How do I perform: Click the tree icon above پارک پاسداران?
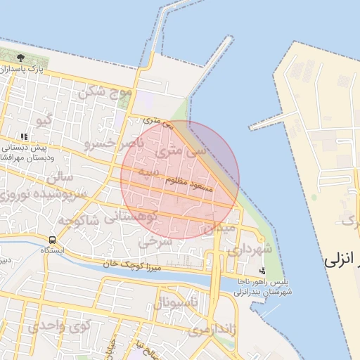pos(20,57)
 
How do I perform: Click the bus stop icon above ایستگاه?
pos(54,240)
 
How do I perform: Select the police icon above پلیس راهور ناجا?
pos(262,270)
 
